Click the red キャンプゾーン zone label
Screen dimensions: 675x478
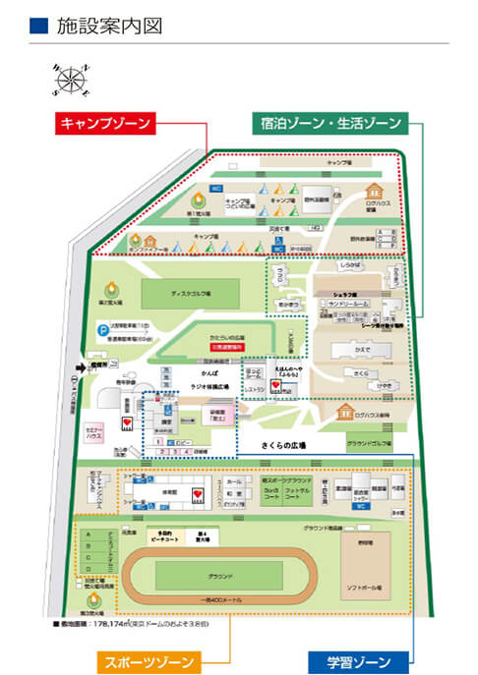coord(104,124)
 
